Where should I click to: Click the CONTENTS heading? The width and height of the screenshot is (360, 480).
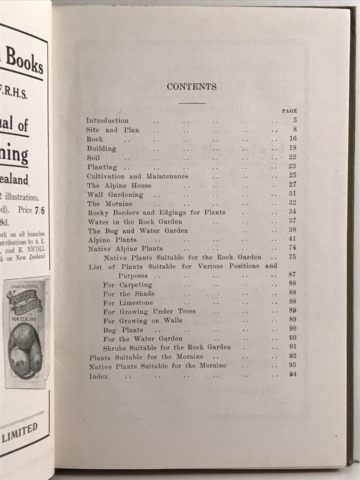click(x=192, y=87)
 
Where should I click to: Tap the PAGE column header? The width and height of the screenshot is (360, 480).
click(x=289, y=111)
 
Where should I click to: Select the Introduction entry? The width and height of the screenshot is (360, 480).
click(x=107, y=121)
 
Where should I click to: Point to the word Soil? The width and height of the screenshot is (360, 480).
click(x=93, y=158)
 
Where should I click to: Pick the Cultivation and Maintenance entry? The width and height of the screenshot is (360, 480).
click(x=137, y=176)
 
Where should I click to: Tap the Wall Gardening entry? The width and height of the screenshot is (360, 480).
click(x=115, y=195)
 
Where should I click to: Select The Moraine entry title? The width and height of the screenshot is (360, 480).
click(x=110, y=204)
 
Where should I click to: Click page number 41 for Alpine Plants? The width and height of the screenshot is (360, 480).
click(x=292, y=239)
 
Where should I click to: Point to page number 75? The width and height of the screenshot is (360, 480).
click(x=292, y=257)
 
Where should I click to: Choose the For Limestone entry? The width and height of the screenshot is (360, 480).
click(x=128, y=302)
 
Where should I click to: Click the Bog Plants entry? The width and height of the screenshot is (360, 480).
click(x=123, y=330)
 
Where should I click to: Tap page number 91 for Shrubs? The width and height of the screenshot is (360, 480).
click(x=292, y=347)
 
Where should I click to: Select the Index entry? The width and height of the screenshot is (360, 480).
click(x=98, y=376)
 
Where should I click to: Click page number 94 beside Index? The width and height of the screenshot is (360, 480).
click(x=292, y=374)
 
